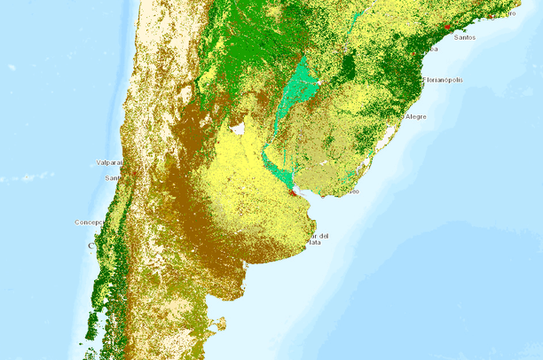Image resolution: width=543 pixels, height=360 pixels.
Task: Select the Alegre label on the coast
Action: click(x=415, y=117)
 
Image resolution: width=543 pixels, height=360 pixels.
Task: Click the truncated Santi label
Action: click(x=113, y=178)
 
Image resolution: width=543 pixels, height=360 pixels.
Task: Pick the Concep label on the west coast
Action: click(x=90, y=222)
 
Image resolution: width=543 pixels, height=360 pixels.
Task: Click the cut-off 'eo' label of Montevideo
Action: click(x=354, y=191)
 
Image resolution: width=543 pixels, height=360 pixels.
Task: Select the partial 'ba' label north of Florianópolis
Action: click(x=432, y=50)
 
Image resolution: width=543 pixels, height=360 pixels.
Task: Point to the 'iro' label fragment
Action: click(x=511, y=13)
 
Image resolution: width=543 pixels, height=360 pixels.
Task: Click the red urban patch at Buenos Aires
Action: click(x=295, y=189)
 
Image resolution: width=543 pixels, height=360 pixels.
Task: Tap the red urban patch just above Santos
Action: click(x=449, y=28)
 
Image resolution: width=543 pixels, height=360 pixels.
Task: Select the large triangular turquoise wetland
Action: click(x=299, y=90)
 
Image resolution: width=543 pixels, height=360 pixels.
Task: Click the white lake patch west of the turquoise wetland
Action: click(x=238, y=129)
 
